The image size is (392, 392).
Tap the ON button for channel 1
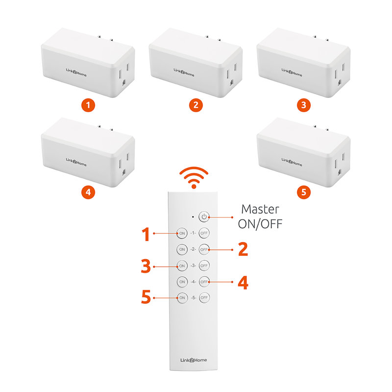[x=182, y=233]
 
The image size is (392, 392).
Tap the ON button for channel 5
[x=182, y=297]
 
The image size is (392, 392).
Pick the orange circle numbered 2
[x=195, y=105]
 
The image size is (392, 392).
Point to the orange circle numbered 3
[x=304, y=105]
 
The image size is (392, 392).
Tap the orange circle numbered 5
[x=304, y=192]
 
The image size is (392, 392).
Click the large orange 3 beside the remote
[x=145, y=266]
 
